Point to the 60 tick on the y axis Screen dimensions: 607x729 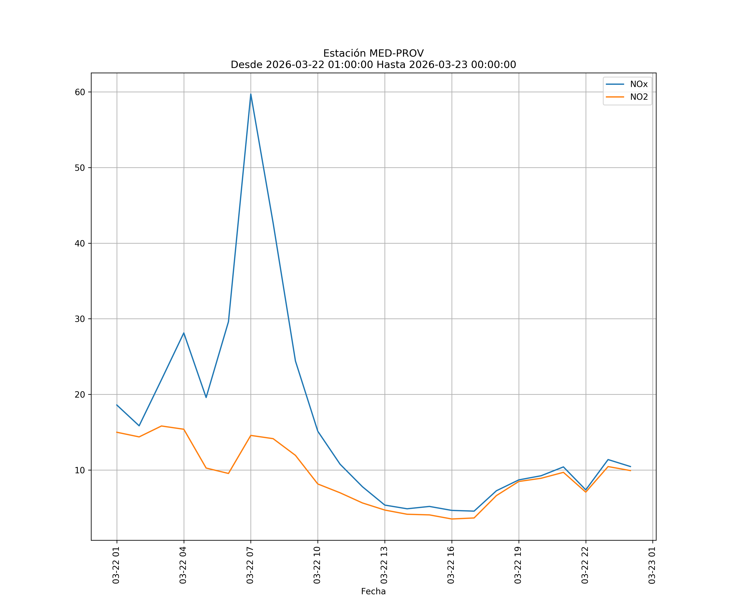[80, 92]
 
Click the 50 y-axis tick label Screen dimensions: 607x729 [80, 168]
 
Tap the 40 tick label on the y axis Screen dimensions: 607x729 [80, 243]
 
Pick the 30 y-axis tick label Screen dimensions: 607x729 [80, 319]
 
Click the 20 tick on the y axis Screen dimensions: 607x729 [80, 394]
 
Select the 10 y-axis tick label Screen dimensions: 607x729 [80, 470]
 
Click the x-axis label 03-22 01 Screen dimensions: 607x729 [116, 565]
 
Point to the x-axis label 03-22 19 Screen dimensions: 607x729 [518, 565]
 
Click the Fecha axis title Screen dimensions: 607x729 [373, 591]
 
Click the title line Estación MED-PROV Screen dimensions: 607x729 [373, 53]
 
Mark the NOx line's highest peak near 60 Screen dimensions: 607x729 [251, 94]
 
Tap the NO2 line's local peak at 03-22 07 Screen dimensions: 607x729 [251, 435]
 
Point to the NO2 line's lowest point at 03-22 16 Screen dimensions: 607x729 [452, 519]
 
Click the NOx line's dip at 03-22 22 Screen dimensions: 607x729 [586, 490]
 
